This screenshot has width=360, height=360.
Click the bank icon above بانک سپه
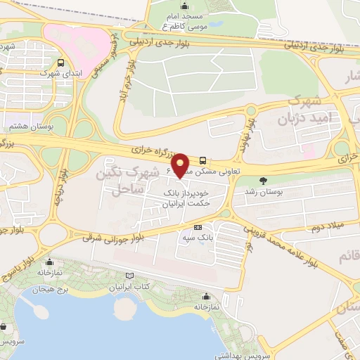coord(198,227)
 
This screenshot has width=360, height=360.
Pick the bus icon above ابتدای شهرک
coord(62,62)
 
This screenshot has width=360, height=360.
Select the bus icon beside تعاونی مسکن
coord(203,160)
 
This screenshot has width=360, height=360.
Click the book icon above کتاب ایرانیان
coord(128,276)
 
